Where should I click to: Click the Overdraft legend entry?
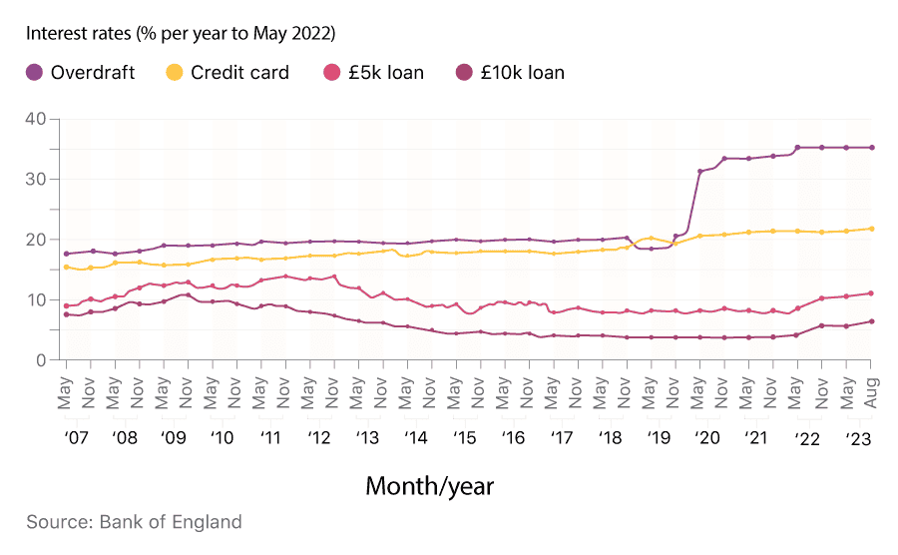(x=80, y=72)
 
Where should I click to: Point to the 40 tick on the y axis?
(x=36, y=119)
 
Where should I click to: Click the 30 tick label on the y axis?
(x=36, y=179)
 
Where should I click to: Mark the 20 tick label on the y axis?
(x=36, y=240)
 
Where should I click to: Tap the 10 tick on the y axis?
(x=36, y=299)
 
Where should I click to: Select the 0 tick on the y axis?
(x=41, y=360)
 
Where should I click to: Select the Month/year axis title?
(x=429, y=486)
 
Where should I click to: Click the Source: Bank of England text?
(x=134, y=522)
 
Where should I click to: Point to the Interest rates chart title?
(x=181, y=33)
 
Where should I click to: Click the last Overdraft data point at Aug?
(x=871, y=148)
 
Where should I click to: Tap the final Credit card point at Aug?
(x=871, y=229)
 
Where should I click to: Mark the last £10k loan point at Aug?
(x=871, y=321)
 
